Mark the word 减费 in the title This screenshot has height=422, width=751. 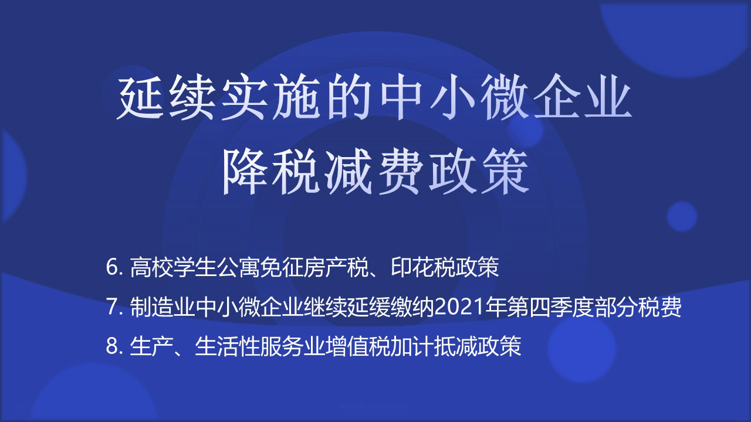point(375,172)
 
